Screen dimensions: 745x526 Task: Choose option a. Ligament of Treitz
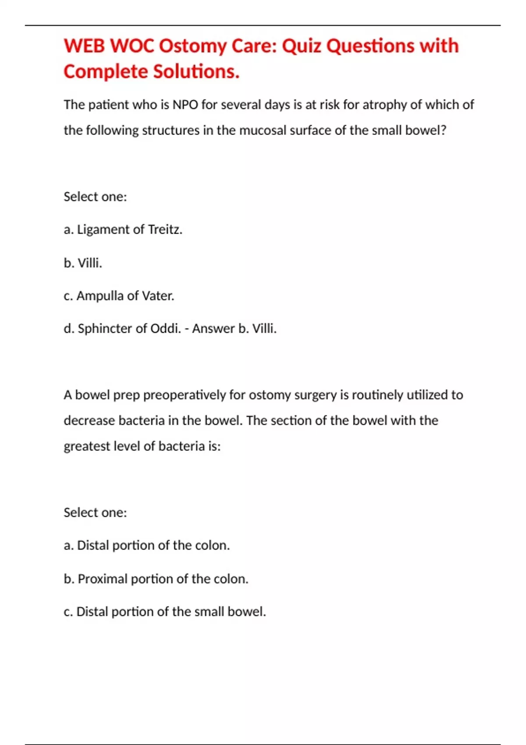pyautogui.click(x=123, y=230)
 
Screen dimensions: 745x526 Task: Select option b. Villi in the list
pyautogui.click(x=83, y=263)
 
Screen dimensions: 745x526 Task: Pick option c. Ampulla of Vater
pyautogui.click(x=119, y=296)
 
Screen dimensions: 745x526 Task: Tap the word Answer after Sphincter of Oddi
pyautogui.click(x=213, y=329)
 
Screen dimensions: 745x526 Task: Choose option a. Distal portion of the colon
pyautogui.click(x=147, y=546)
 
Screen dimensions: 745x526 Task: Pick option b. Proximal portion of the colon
pyautogui.click(x=156, y=579)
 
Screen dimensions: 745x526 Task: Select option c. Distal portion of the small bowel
pyautogui.click(x=165, y=612)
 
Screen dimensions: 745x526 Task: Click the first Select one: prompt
pyautogui.click(x=95, y=197)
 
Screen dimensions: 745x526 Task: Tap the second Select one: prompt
pyautogui.click(x=95, y=513)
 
